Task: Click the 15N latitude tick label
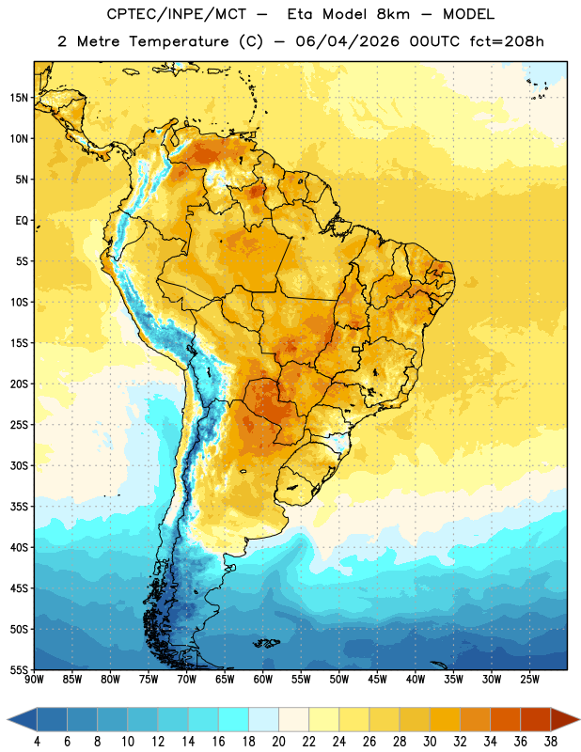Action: point(19,98)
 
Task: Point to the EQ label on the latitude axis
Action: point(22,221)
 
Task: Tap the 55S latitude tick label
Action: point(19,669)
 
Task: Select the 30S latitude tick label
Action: point(19,465)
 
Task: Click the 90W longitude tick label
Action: point(35,679)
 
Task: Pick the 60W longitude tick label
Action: point(263,679)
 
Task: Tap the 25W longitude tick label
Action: point(529,679)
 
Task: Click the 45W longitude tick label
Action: point(377,679)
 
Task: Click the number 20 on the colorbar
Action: point(278,742)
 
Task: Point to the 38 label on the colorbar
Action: point(550,742)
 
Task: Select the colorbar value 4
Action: point(37,742)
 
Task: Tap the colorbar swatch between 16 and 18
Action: point(234,719)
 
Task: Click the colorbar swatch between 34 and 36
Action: point(505,719)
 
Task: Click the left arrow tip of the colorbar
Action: point(8,719)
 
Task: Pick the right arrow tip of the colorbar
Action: point(579,719)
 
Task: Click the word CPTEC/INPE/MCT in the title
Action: point(176,14)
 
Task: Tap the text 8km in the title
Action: point(393,14)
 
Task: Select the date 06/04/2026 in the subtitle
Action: point(347,41)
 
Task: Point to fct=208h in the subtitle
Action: point(507,41)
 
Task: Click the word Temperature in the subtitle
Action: point(179,42)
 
